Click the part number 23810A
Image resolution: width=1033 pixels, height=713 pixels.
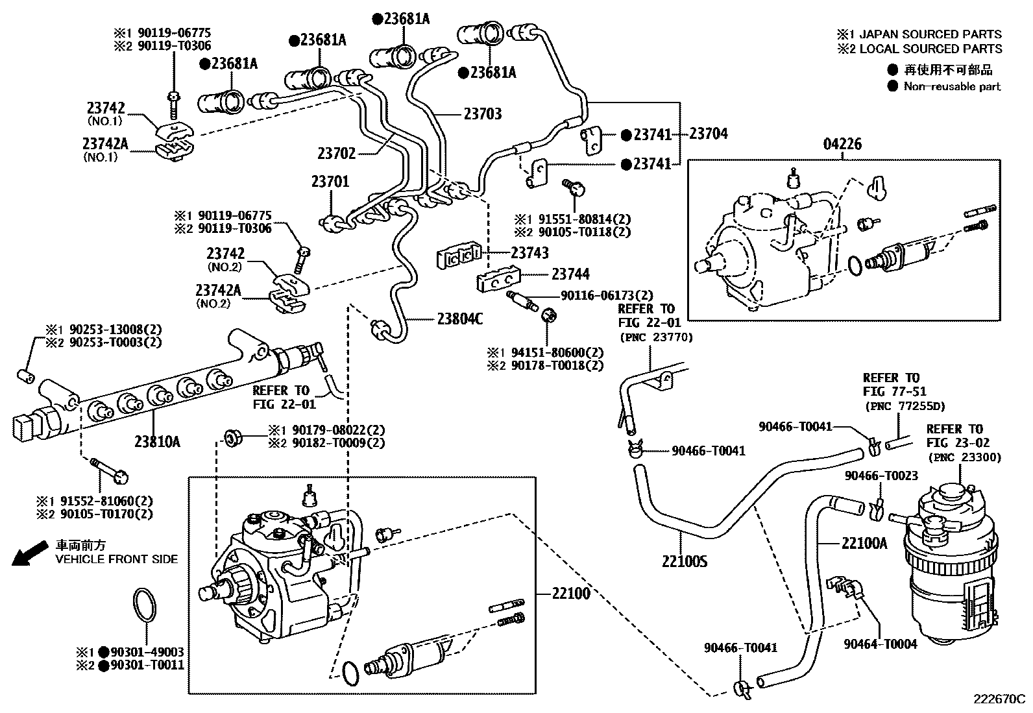tap(158, 442)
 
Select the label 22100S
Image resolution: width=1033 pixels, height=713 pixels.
tap(685, 561)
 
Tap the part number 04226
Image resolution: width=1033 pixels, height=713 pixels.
tap(842, 144)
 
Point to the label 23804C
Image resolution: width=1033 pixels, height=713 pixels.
tap(460, 319)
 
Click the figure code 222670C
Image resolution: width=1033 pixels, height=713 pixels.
tap(998, 699)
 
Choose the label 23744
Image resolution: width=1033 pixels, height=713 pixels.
tap(570, 274)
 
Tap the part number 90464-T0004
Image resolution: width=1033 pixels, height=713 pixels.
tap(881, 644)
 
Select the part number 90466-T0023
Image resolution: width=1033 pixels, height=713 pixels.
tap(881, 476)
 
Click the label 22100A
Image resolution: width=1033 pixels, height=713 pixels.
tap(864, 542)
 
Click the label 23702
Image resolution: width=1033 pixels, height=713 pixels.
tap(337, 153)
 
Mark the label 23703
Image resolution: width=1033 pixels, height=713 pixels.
tap(483, 114)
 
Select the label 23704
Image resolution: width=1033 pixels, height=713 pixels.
tap(709, 134)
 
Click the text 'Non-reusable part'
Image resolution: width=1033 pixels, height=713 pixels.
tap(952, 86)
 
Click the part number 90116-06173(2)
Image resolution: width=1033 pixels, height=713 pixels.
tap(607, 295)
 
